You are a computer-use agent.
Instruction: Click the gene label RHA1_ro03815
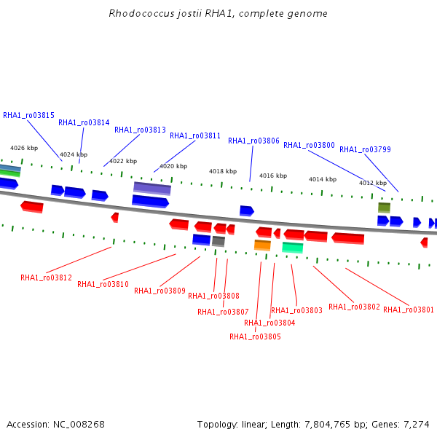(x=28, y=115)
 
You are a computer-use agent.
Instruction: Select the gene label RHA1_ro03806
(x=253, y=141)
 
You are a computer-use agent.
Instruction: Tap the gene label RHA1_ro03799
(x=365, y=149)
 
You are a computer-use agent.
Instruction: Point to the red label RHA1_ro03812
(x=47, y=278)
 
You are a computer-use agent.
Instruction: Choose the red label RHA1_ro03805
(x=255, y=336)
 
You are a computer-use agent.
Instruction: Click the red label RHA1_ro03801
(x=409, y=310)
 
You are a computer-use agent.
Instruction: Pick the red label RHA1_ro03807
(x=223, y=312)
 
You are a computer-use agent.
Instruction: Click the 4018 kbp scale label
(x=223, y=171)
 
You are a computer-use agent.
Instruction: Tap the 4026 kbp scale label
(x=24, y=148)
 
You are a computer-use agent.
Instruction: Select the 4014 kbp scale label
(x=323, y=179)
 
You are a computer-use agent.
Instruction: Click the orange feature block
(x=262, y=245)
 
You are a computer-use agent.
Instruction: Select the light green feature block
(x=293, y=248)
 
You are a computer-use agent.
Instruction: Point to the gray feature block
(x=219, y=241)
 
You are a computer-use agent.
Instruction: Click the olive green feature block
(x=385, y=208)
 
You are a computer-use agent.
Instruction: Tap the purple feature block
(x=152, y=189)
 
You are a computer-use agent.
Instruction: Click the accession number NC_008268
(x=79, y=425)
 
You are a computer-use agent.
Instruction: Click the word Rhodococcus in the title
(x=141, y=13)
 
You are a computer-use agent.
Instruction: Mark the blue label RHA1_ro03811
(x=195, y=135)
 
